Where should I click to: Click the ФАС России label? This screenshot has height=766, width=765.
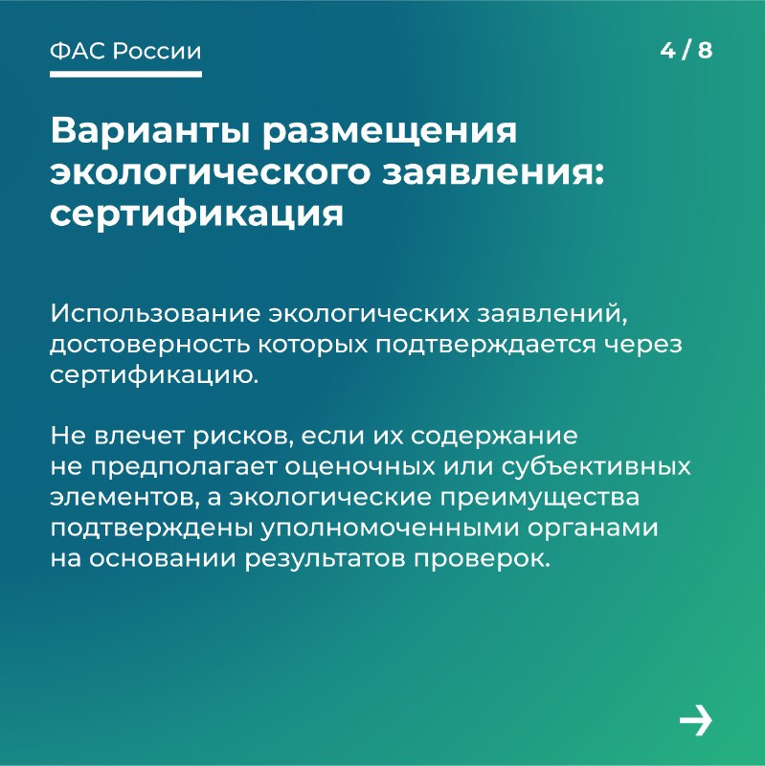pyautogui.click(x=125, y=51)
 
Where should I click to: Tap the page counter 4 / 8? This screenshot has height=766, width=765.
pyautogui.click(x=686, y=51)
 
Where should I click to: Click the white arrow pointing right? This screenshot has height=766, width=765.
pyautogui.click(x=696, y=720)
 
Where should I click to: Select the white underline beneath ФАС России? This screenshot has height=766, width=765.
pyautogui.click(x=125, y=75)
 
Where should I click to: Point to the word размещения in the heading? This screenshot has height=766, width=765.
pyautogui.click(x=389, y=133)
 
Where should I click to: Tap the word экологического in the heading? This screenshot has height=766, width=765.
pyautogui.click(x=210, y=174)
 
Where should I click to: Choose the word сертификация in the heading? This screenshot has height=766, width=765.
pyautogui.click(x=197, y=214)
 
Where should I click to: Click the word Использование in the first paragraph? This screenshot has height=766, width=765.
pyautogui.click(x=155, y=314)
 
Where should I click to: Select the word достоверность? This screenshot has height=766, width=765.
pyautogui.click(x=150, y=346)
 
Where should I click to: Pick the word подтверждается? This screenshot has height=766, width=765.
pyautogui.click(x=486, y=346)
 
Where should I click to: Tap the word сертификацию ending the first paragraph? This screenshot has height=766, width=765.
pyautogui.click(x=154, y=375)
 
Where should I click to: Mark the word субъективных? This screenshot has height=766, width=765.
pyautogui.click(x=596, y=467)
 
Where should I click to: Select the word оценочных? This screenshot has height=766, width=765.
pyautogui.click(x=361, y=467)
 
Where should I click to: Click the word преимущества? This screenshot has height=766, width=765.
pyautogui.click(x=540, y=497)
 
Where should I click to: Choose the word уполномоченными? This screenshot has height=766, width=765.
pyautogui.click(x=390, y=529)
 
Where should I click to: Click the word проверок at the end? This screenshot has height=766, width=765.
pyautogui.click(x=483, y=559)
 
